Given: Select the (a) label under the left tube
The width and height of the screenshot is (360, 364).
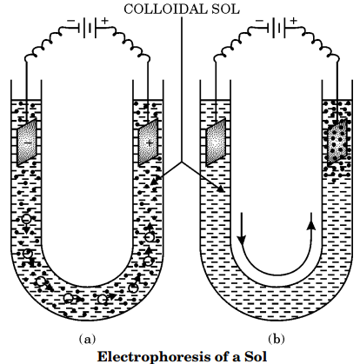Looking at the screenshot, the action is pyautogui.click(x=87, y=339).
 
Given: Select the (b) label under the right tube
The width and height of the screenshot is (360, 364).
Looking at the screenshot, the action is pyautogui.click(x=277, y=339).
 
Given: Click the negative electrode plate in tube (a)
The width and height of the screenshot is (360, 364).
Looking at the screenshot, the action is pyautogui.click(x=27, y=142).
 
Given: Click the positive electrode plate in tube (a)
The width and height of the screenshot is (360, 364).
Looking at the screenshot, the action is pyautogui.click(x=148, y=142).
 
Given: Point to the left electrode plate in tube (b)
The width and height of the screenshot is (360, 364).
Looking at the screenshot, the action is pyautogui.click(x=216, y=142).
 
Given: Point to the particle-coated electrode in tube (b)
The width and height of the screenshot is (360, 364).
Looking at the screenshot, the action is pyautogui.click(x=337, y=142).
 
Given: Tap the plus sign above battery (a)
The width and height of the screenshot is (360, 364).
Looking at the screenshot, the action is pyautogui.click(x=104, y=21).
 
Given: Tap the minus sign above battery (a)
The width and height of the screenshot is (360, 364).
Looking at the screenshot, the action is pyautogui.click(x=70, y=21).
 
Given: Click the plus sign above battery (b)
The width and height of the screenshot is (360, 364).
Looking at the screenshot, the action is pyautogui.click(x=294, y=21).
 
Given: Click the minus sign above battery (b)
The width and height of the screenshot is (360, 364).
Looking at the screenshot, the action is pyautogui.click(x=259, y=21).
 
